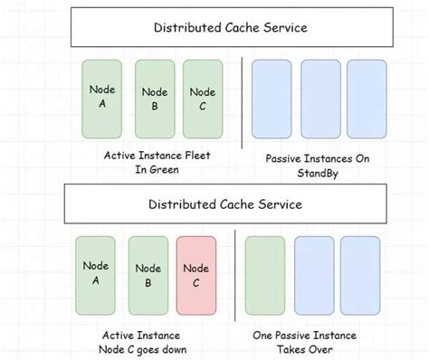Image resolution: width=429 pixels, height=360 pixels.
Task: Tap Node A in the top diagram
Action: coord(101,99)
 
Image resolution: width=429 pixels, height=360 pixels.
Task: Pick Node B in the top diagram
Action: coord(155,99)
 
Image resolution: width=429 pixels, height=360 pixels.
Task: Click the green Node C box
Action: coord(203,99)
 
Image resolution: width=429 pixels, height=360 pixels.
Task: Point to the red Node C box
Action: coord(196,275)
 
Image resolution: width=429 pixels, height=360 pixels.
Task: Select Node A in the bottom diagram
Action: coord(95,275)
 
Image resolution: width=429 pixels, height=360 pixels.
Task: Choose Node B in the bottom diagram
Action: coord(148,275)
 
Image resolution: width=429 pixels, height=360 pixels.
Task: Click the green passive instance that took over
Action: coord(264,275)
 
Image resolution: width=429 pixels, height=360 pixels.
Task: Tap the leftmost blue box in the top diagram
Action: coord(271,99)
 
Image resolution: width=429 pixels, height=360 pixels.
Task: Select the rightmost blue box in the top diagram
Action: coord(367,99)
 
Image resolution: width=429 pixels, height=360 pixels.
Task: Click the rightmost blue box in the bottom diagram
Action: coord(360,275)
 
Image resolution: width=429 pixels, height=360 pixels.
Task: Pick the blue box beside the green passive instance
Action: coord(313,275)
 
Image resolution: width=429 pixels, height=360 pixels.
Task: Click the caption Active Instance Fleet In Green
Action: coord(157,162)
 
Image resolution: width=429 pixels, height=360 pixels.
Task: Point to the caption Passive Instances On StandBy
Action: coord(318,166)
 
